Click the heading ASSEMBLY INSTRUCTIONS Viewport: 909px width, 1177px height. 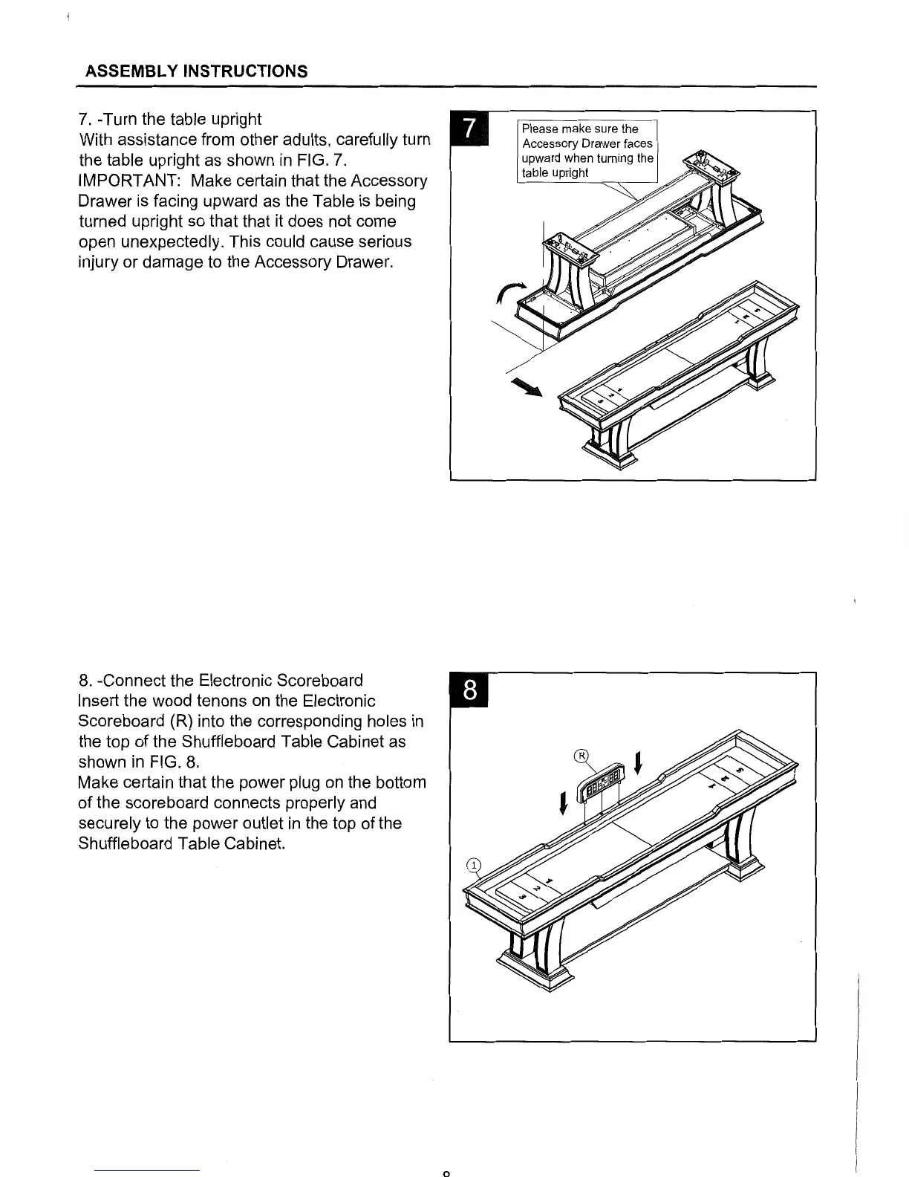[196, 71]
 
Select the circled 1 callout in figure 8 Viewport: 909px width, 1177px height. [472, 864]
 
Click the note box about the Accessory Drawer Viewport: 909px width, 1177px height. [587, 150]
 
